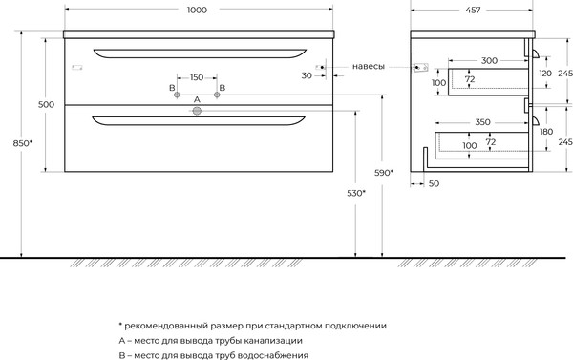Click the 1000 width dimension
point(198,10)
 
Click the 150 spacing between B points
point(197,76)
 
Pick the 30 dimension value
point(308,74)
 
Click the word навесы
point(369,66)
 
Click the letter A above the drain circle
point(197,99)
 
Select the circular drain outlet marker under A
point(197,112)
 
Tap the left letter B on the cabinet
point(173,88)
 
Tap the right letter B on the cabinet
point(221,88)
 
